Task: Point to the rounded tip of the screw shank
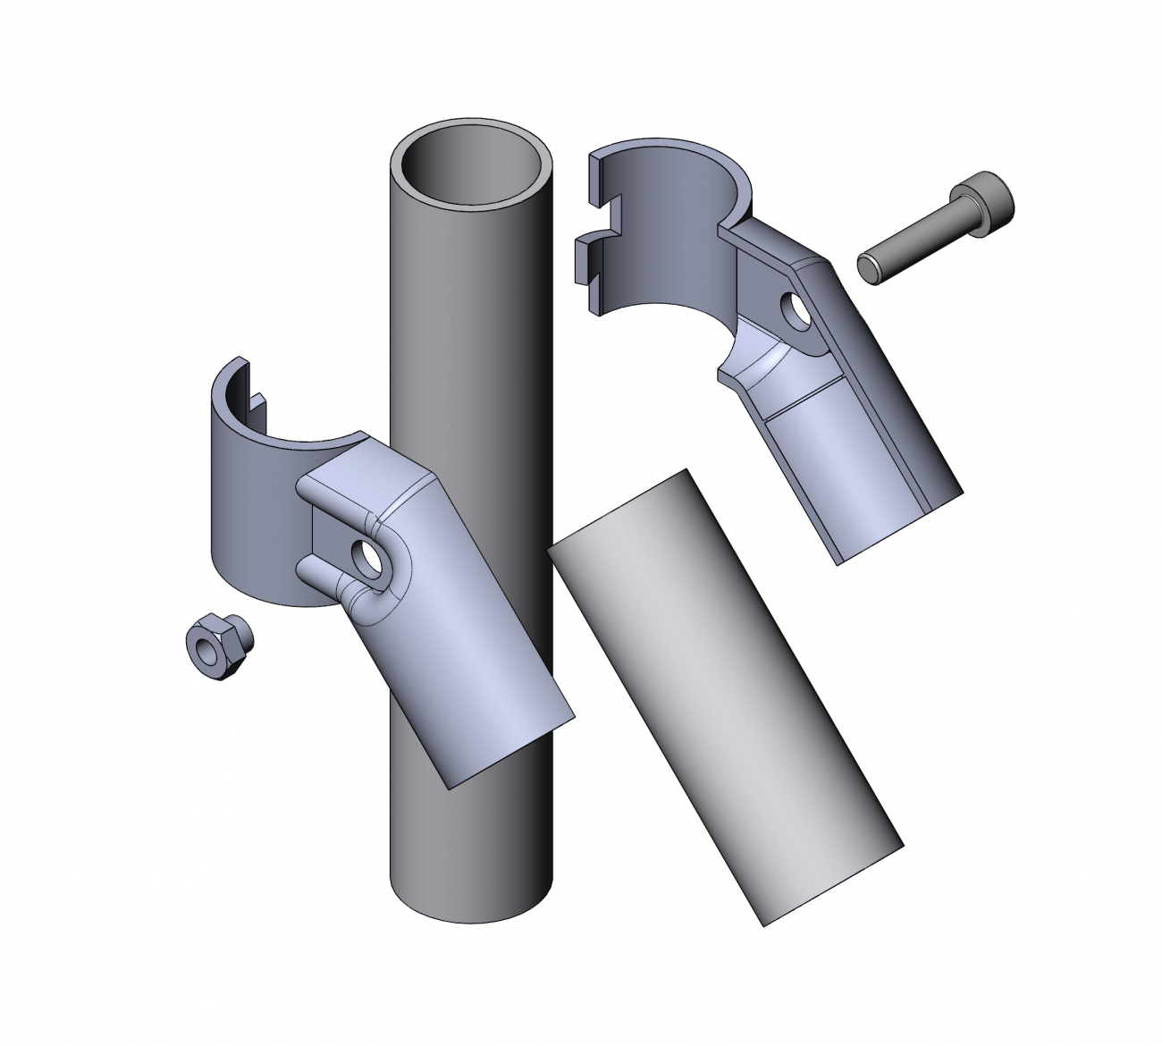pos(867,268)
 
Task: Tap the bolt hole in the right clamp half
pos(794,309)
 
